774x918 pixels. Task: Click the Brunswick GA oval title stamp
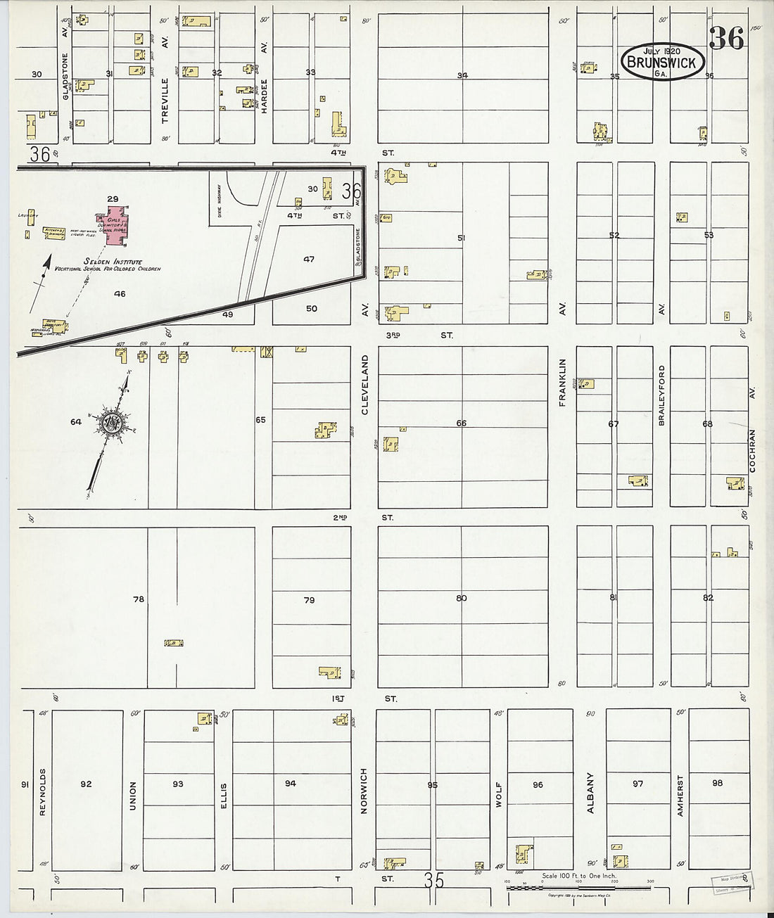(661, 62)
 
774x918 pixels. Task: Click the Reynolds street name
(42, 792)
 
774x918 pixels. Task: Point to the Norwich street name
(364, 791)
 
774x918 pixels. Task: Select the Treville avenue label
(166, 101)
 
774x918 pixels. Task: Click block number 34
(462, 75)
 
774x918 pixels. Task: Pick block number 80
(461, 598)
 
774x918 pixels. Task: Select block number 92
(86, 784)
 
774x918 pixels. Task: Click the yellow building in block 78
(174, 643)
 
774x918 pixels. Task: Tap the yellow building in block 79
(329, 672)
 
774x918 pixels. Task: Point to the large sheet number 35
(434, 880)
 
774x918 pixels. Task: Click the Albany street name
(590, 793)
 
